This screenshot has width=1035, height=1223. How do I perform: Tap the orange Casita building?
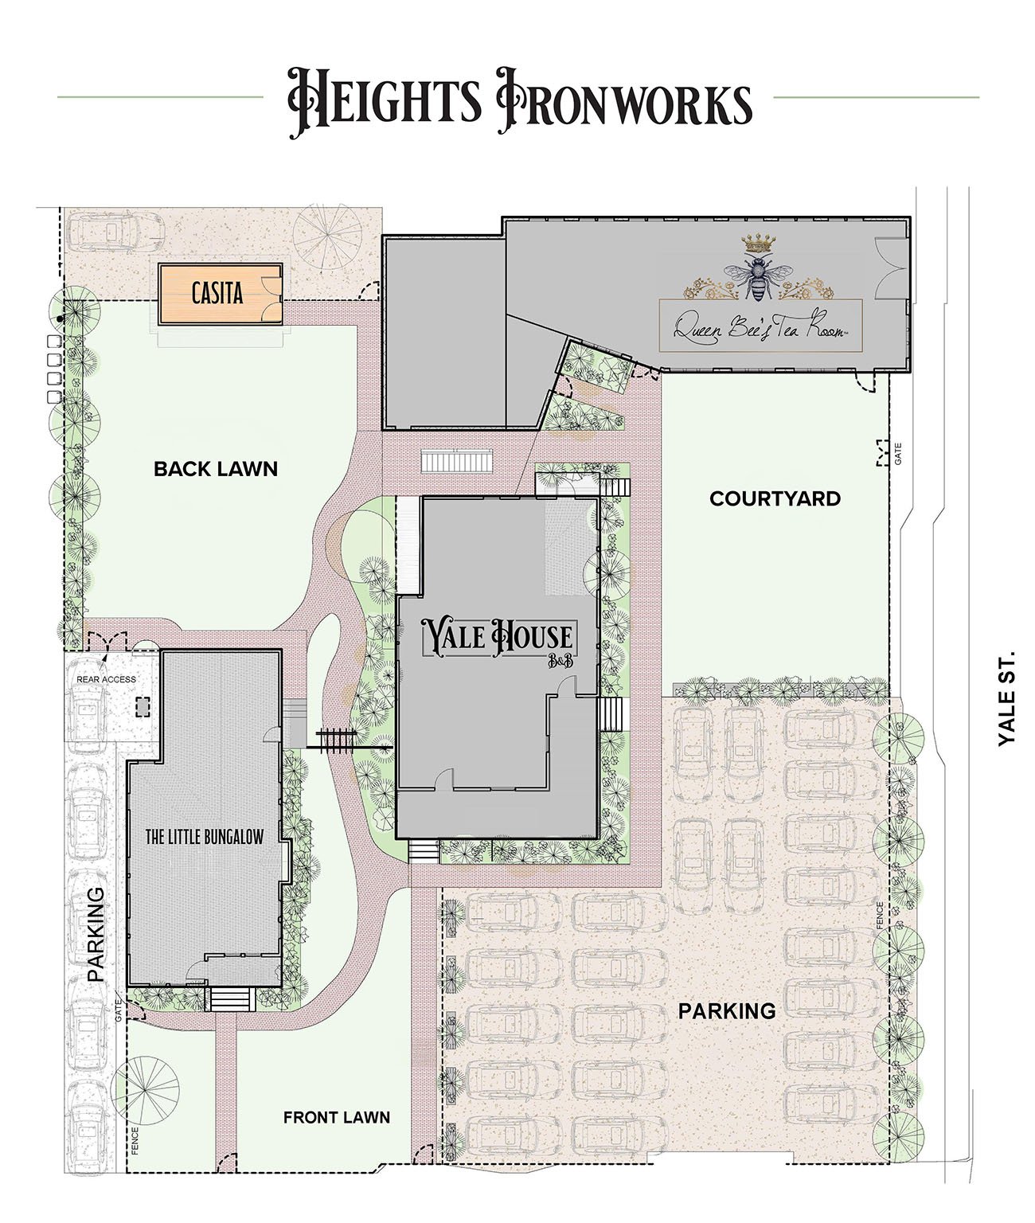[x=221, y=293]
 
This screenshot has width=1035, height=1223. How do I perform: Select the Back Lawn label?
[x=216, y=469]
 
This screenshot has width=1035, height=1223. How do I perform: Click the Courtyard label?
[x=775, y=498]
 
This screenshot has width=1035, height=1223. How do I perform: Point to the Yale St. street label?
[x=1006, y=698]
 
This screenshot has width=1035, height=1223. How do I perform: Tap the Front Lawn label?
[x=336, y=1118]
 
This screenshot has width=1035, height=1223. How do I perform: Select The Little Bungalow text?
[x=204, y=837]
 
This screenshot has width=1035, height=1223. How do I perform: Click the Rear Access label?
[x=106, y=679]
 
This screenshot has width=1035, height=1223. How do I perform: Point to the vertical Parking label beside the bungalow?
[x=96, y=934]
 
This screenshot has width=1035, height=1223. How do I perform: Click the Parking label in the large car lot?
[x=727, y=1011]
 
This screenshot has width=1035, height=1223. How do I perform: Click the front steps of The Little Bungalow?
[x=232, y=998]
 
